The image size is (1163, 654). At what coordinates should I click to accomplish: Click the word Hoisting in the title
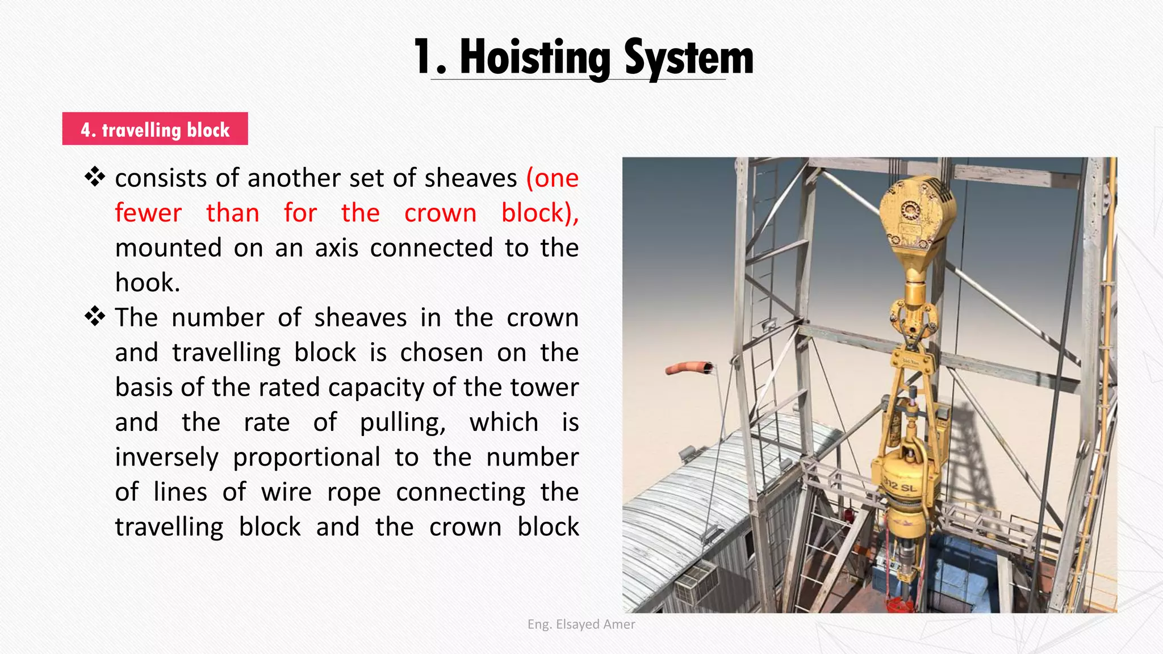click(x=534, y=58)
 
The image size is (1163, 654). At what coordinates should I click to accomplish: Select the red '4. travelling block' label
click(x=155, y=129)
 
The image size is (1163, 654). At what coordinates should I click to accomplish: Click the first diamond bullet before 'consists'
click(x=95, y=178)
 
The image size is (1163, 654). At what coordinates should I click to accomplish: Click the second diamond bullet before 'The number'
click(x=95, y=317)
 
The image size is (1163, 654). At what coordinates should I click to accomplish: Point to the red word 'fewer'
click(x=148, y=213)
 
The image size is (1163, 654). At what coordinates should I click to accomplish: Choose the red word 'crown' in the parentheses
click(x=440, y=213)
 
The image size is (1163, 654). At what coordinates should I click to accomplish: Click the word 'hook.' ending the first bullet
click(x=148, y=283)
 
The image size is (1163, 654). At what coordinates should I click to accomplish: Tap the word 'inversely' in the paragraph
click(x=166, y=457)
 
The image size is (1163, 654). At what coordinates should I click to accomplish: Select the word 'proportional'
click(x=307, y=457)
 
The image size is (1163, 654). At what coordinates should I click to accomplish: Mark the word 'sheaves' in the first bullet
click(x=471, y=178)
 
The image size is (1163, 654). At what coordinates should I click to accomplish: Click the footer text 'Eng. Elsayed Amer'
click(x=581, y=624)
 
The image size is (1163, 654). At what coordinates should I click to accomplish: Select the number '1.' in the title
click(x=429, y=58)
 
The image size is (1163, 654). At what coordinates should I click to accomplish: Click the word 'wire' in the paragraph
click(x=286, y=492)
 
